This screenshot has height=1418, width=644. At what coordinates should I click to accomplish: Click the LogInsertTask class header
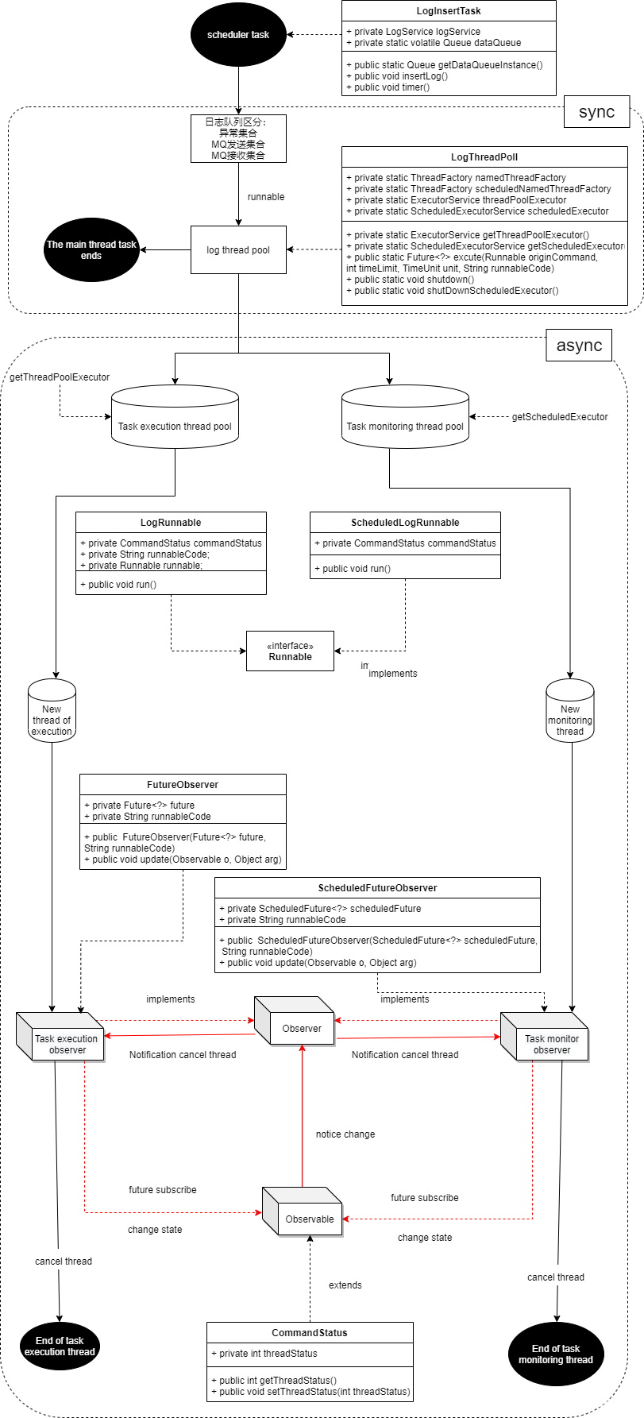tap(449, 11)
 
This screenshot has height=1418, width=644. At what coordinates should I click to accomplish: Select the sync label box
tap(596, 112)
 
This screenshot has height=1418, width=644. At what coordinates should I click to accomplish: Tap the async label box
tap(579, 346)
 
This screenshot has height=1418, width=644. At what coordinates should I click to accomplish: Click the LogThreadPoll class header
tap(484, 157)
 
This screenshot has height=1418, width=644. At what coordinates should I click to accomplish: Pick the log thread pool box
tap(238, 250)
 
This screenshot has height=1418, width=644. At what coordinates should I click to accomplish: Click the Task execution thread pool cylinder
tap(175, 419)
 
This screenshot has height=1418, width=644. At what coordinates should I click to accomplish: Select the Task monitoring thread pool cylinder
tap(405, 419)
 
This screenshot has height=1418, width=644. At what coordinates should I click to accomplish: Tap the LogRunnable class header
tap(171, 523)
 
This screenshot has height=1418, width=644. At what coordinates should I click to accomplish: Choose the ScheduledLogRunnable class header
tap(405, 523)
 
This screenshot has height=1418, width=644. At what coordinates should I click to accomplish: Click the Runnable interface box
tap(290, 651)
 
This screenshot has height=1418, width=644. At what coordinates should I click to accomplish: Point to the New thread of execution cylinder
tap(52, 712)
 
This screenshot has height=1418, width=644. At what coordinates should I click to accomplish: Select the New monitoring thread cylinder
tap(570, 712)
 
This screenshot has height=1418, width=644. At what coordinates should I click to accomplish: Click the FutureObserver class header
tap(183, 785)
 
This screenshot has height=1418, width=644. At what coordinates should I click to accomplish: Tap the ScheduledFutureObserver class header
tap(377, 888)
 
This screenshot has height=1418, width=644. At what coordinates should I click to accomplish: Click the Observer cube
tap(298, 1026)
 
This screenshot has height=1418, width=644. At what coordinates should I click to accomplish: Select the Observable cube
tap(306, 1215)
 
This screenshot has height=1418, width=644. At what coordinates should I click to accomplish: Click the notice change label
tap(345, 1134)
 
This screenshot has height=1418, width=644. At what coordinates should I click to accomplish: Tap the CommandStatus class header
tap(310, 1333)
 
